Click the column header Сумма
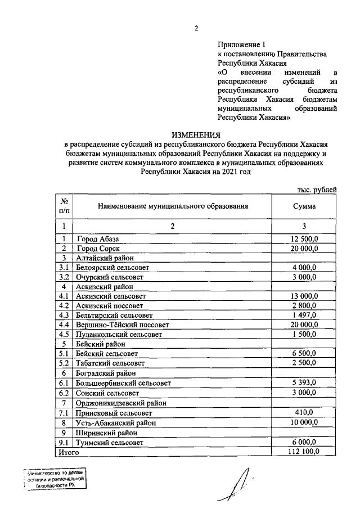point(304,206)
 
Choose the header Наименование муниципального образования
point(173,206)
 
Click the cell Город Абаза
point(98,238)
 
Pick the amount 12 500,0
point(304,238)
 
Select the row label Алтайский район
point(103,258)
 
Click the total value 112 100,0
point(304,451)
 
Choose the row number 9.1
point(64,442)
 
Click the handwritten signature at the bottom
point(239,484)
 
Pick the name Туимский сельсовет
point(110,442)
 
